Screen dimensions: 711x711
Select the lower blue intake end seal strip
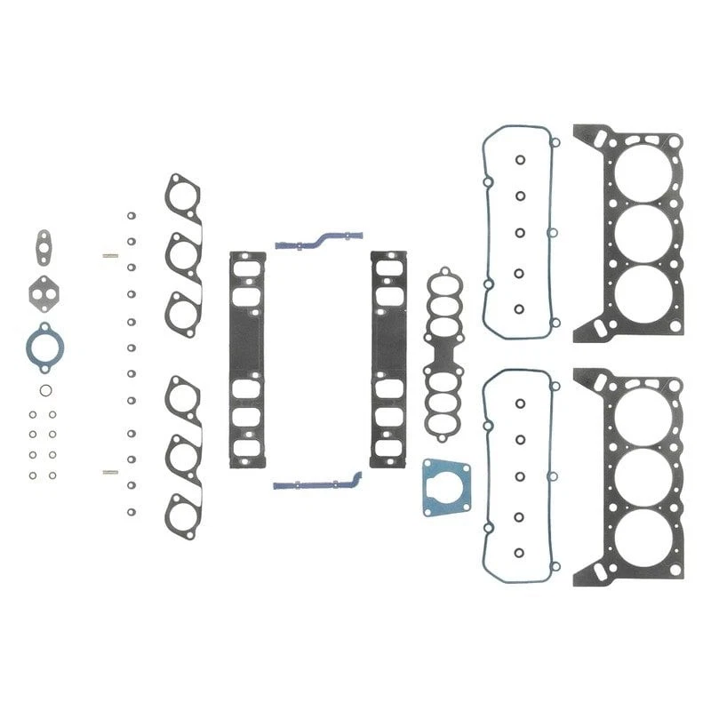click(317, 483)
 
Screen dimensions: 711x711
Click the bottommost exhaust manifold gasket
click(183, 513)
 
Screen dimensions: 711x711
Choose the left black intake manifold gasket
click(246, 360)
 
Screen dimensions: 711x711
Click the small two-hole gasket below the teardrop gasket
click(41, 290)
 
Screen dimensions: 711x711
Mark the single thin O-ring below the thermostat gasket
click(44, 390)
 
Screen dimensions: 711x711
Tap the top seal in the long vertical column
click(131, 215)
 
